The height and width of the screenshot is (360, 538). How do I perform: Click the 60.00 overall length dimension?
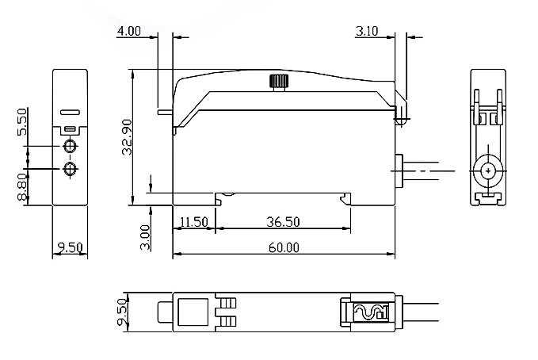[x=284, y=247]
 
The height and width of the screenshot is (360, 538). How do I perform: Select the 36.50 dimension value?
[x=283, y=222]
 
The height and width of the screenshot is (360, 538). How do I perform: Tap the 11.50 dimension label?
[x=193, y=222]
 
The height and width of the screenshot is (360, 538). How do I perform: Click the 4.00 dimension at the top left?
[x=129, y=31]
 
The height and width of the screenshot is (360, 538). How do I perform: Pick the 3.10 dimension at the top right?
[x=368, y=31]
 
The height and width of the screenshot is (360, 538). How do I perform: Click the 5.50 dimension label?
[x=21, y=121]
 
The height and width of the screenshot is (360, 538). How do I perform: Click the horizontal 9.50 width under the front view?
[x=70, y=247]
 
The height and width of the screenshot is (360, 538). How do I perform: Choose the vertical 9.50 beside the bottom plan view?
[x=120, y=311]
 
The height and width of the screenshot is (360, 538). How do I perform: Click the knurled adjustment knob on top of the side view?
[x=278, y=81]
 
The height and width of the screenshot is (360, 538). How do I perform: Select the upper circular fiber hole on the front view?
[x=71, y=147]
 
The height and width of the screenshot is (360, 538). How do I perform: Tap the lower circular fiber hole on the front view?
[x=71, y=169]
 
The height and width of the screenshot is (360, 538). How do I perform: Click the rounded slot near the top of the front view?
[x=71, y=113]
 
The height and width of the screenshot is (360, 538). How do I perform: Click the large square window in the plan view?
[x=193, y=311]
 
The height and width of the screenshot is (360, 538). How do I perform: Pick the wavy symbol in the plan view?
[x=370, y=312]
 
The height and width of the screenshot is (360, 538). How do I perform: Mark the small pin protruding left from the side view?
[x=165, y=112]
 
